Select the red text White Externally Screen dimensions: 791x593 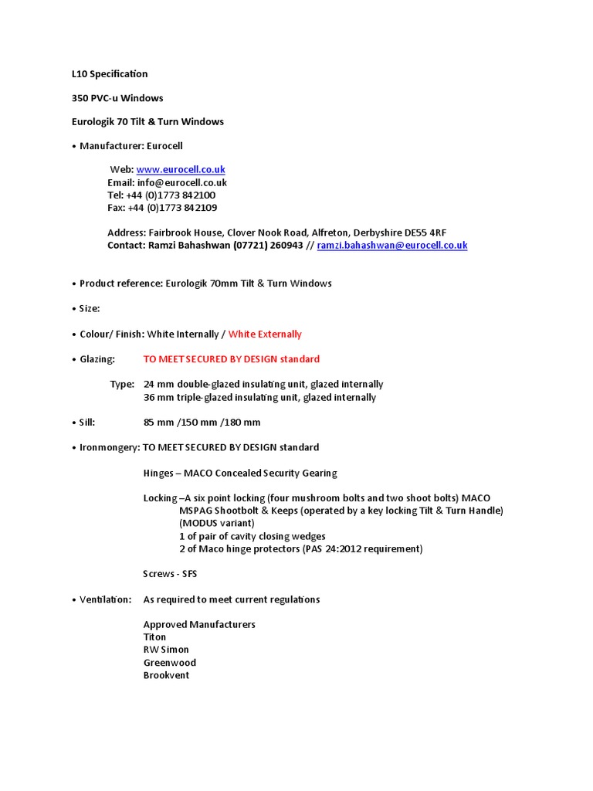(265, 334)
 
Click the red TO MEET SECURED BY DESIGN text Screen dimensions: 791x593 (231, 359)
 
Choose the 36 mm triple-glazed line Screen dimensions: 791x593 (259, 397)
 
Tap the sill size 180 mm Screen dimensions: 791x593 (242, 423)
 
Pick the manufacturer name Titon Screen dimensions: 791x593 (154, 637)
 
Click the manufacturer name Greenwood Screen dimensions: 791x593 (169, 663)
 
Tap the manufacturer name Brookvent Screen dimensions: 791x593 (166, 675)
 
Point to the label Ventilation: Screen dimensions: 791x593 (105, 599)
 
